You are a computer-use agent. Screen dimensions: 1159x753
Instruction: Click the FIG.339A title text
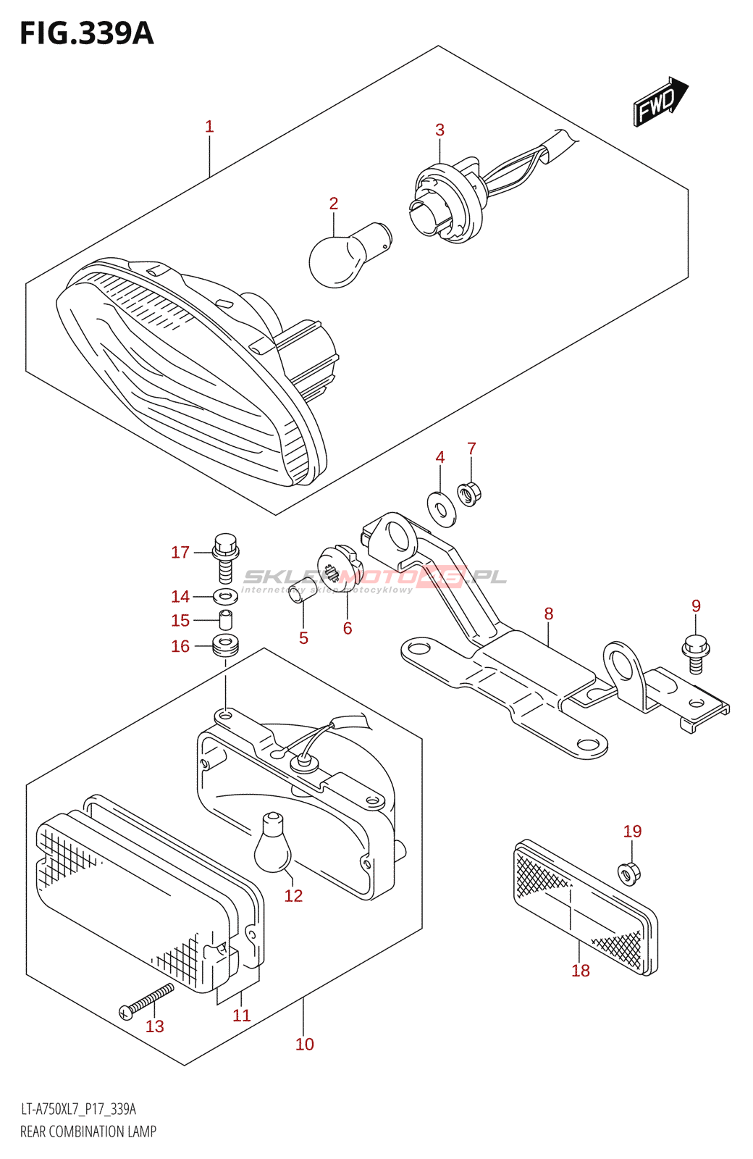pos(87,33)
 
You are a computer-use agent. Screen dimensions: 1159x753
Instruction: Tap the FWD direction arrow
pos(660,103)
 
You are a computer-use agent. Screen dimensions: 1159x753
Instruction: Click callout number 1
pos(209,127)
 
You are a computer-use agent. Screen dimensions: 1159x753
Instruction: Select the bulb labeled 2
pos(340,255)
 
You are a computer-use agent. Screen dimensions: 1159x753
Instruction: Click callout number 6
pos(348,628)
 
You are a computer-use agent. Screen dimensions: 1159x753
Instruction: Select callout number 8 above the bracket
pos(549,614)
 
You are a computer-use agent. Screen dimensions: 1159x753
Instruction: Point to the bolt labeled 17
pos(225,557)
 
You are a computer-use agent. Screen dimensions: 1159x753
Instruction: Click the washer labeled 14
pos(225,598)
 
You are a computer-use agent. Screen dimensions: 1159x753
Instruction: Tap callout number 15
pos(180,621)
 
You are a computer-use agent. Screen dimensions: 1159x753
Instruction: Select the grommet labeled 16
pos(225,645)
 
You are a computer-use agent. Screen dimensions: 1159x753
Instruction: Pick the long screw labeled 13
pos(148,1000)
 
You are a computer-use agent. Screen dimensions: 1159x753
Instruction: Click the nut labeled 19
pos(629,872)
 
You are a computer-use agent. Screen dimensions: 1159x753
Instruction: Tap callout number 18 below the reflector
pos(581,971)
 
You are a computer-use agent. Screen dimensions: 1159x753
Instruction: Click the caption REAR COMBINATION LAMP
pos(88,1131)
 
